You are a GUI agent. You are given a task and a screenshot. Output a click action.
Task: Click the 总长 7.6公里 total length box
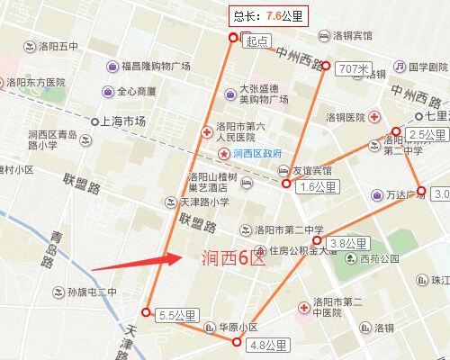click(267, 15)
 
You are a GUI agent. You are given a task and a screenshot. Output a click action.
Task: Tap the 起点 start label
click(256, 40)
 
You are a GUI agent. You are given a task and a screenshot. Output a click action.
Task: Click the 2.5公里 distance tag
click(427, 135)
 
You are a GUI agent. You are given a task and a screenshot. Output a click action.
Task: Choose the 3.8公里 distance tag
click(347, 243)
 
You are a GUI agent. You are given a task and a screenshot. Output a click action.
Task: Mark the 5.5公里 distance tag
click(176, 315)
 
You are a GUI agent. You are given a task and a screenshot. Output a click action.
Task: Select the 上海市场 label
click(122, 121)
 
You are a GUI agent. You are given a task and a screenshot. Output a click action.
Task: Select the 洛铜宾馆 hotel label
click(352, 36)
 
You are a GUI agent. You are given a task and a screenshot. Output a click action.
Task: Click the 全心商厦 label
click(135, 91)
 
